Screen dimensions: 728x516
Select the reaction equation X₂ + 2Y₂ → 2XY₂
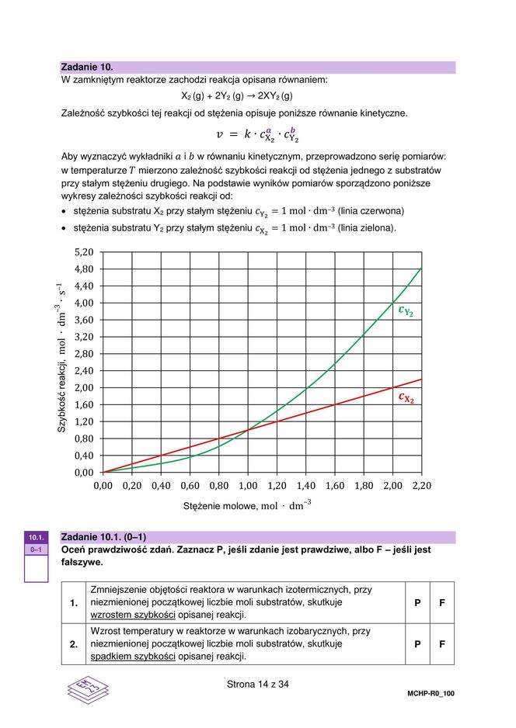point(236,96)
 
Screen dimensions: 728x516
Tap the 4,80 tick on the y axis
point(83,269)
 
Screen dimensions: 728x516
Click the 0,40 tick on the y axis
point(83,456)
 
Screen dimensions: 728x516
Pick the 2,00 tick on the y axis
point(83,388)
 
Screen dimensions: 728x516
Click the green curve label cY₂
point(406,311)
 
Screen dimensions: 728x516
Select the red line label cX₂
point(406,398)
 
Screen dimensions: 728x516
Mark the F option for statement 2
point(442,644)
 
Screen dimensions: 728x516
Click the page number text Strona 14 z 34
point(257,685)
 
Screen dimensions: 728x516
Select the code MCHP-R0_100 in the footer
point(431,694)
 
